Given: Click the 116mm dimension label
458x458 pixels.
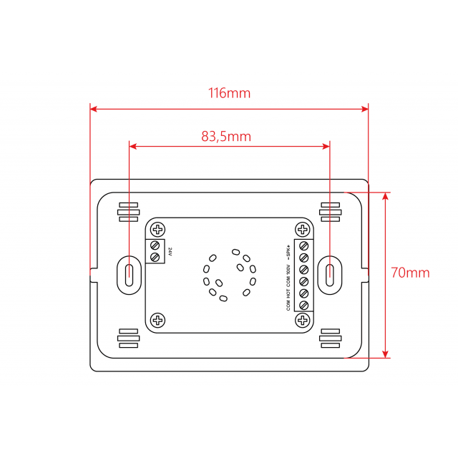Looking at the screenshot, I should [229, 93].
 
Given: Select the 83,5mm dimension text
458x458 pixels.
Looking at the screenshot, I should [226, 136].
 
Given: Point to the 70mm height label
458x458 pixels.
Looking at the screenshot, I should [410, 273].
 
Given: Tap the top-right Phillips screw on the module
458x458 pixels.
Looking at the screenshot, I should [303, 230].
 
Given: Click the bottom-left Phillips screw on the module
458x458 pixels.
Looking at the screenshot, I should [157, 320].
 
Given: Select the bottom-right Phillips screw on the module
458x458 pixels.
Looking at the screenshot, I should [303, 320].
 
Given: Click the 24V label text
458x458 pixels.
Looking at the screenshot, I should [170, 252].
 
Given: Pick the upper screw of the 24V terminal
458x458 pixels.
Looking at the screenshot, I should [155, 245].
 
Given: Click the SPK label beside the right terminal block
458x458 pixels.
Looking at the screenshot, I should [288, 251].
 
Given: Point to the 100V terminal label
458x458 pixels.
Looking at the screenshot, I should [288, 269].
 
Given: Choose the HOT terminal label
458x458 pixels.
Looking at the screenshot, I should [288, 292].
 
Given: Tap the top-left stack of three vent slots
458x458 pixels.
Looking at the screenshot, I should [128, 212].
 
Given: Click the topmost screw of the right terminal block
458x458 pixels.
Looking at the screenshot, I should [303, 245].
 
